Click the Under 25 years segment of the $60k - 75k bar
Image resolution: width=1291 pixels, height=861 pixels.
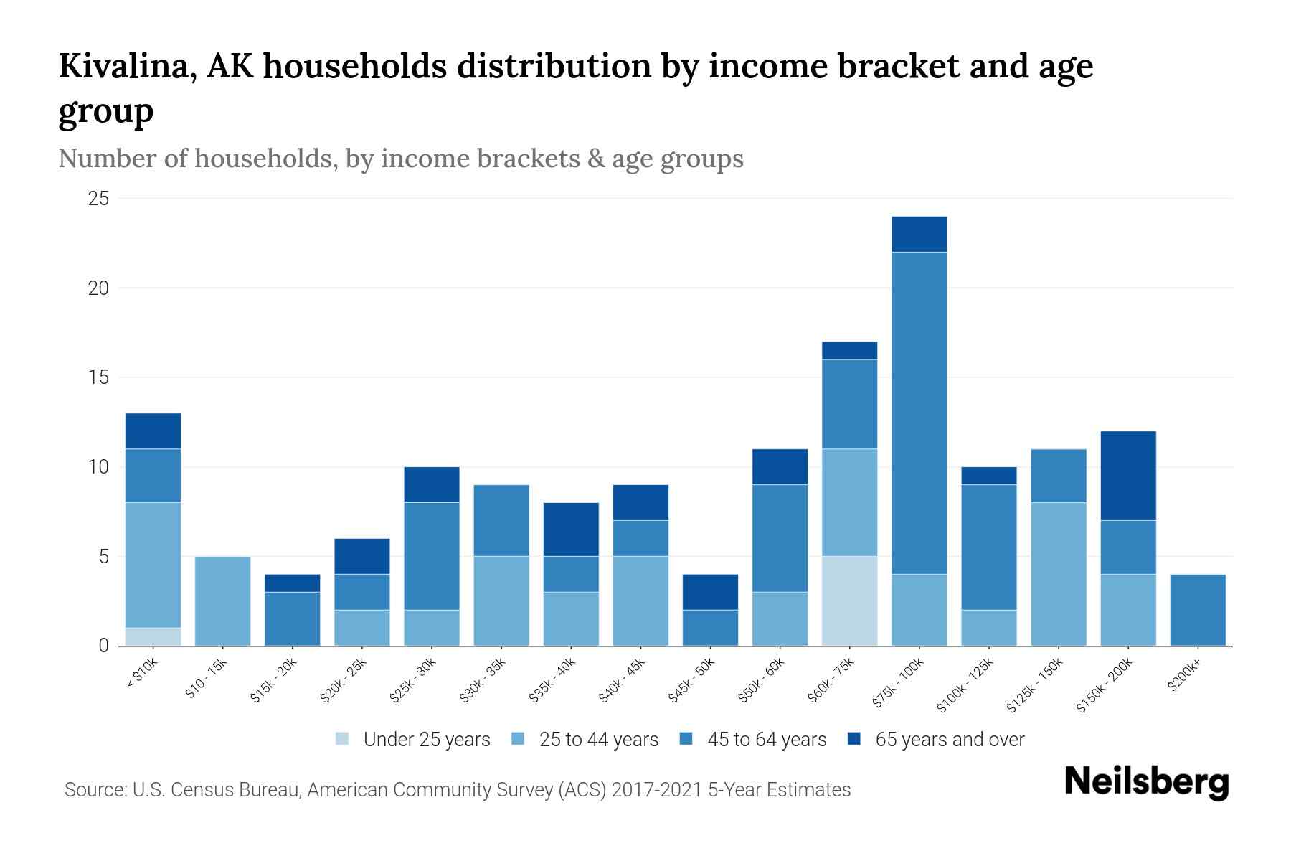[849, 601]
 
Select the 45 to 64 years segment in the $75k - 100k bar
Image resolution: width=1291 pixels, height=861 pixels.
[919, 413]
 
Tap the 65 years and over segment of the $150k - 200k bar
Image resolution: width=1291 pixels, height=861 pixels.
[1128, 476]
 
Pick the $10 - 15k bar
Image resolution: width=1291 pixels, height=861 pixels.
[222, 601]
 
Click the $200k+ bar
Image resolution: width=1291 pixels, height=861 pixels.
[1198, 610]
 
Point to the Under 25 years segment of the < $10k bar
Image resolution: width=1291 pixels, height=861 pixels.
[153, 636]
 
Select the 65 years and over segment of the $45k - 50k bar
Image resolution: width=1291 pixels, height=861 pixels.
[710, 592]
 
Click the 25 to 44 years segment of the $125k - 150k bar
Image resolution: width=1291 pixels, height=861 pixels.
[1059, 574]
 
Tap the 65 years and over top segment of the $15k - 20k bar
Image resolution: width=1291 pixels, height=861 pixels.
[292, 583]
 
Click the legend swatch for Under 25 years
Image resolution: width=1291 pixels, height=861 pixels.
[343, 739]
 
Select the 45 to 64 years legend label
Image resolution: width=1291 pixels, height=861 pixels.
[766, 739]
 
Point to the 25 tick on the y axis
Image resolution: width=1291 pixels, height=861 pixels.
[98, 199]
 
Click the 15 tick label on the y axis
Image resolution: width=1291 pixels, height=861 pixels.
[98, 377]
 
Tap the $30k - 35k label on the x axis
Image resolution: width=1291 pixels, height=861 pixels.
[483, 680]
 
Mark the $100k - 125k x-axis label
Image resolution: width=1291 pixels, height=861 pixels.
[965, 685]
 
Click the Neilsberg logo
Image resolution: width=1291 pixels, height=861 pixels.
[1146, 781]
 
